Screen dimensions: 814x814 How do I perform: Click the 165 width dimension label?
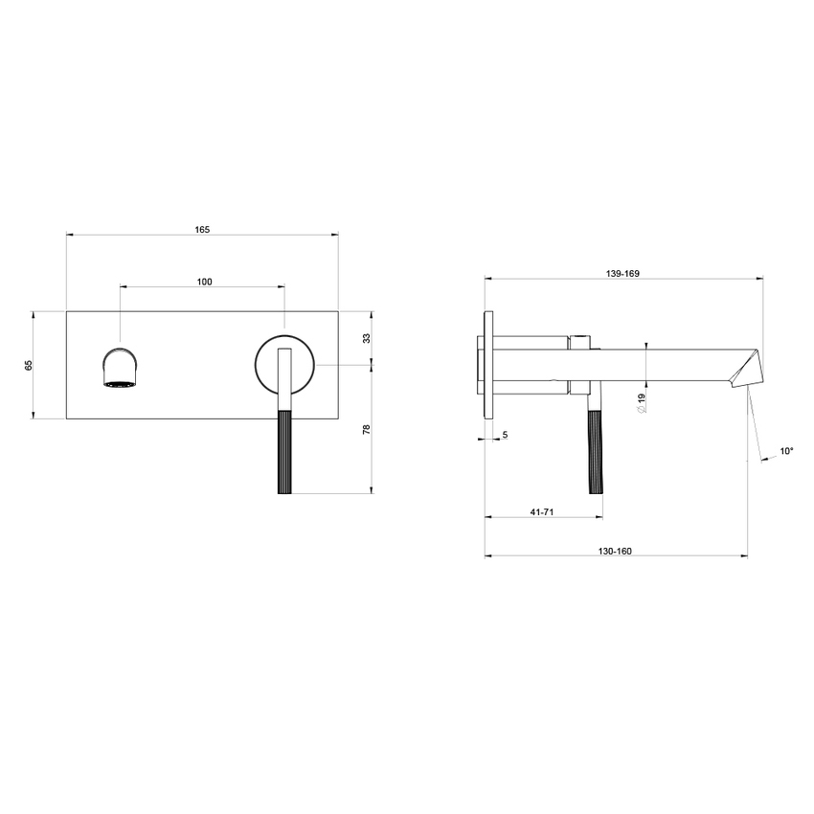(202, 229)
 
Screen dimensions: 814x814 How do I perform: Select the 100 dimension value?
(204, 282)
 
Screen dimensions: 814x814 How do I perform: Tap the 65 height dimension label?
(29, 365)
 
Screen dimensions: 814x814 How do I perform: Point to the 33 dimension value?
(366, 338)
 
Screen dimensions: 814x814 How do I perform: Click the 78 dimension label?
(366, 430)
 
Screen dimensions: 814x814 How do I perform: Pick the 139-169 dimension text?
(622, 274)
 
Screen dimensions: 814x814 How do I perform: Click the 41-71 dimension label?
(543, 512)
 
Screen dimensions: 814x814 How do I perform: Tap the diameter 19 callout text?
(641, 403)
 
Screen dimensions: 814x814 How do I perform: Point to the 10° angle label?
(786, 450)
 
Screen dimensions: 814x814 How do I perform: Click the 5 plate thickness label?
(505, 435)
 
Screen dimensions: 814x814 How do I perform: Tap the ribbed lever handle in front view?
(283, 450)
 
